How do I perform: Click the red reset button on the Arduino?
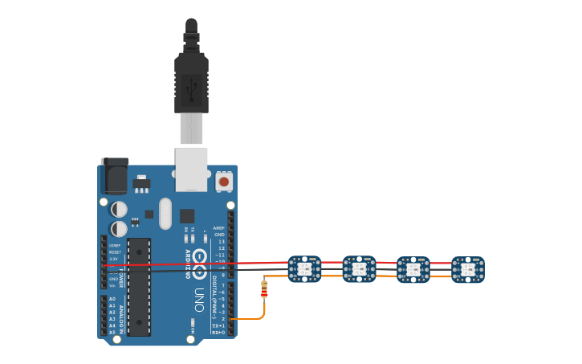pos(224,182)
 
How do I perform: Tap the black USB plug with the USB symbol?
pos(191,84)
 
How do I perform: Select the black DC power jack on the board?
pos(115,176)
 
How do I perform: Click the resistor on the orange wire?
pos(264,289)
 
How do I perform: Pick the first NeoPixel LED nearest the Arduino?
pos(304,269)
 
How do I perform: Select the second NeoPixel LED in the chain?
pos(359,269)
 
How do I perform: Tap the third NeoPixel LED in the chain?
pos(413,270)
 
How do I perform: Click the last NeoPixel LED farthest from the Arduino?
pos(468,270)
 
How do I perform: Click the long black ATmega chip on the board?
pos(139,287)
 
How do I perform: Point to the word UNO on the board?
pos(198,301)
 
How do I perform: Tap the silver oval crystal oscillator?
pos(165,214)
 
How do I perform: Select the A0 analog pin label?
pos(112,299)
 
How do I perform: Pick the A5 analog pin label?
pos(112,332)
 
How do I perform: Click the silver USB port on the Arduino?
pos(191,169)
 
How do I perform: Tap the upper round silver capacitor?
pos(119,209)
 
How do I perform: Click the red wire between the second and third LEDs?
pos(386,262)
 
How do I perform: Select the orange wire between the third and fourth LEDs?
pos(441,276)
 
